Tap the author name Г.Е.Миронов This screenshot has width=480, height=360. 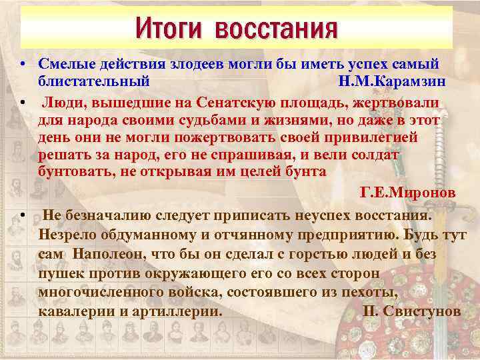407,193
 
